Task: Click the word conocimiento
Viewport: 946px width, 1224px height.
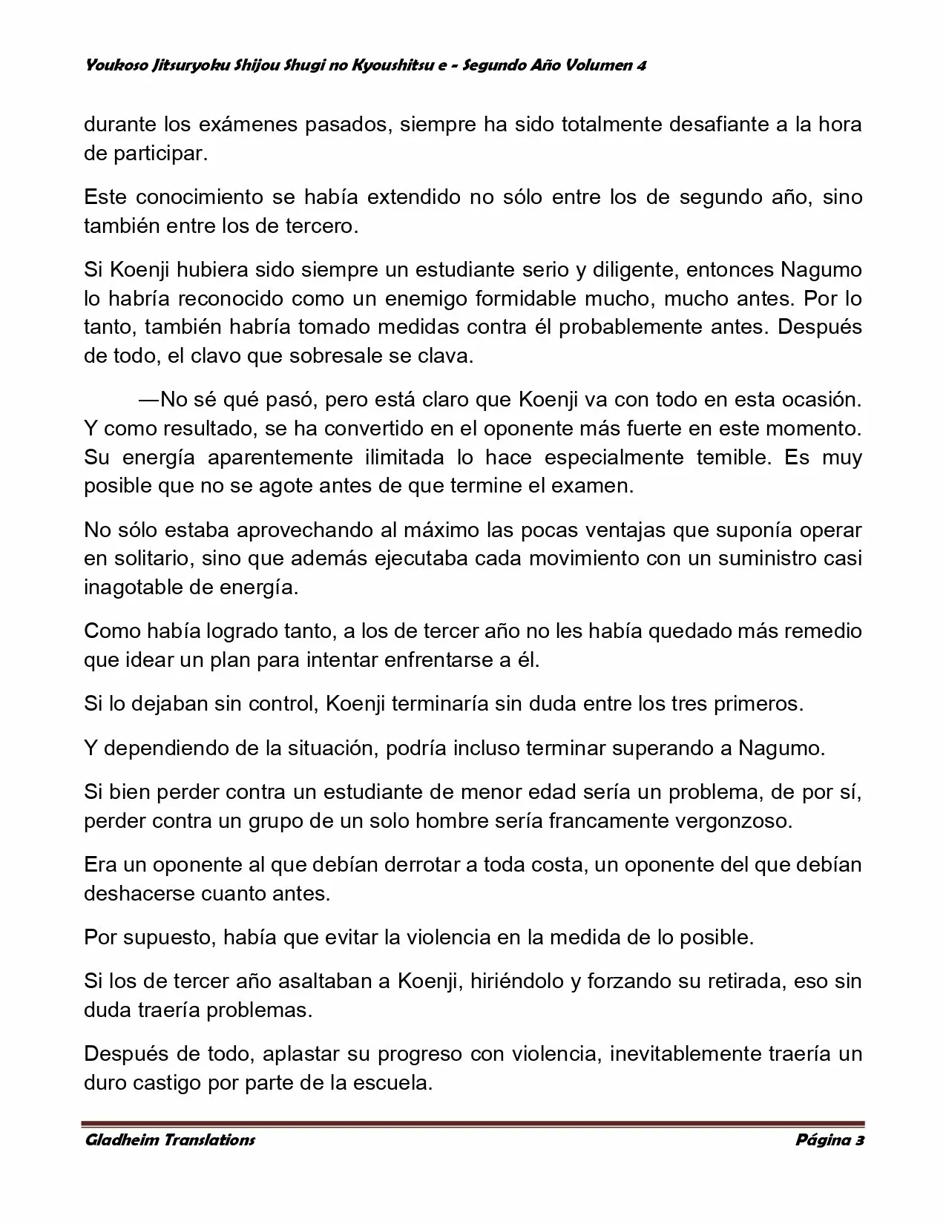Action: click(200, 197)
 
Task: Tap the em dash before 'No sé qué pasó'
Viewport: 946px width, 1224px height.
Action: click(148, 400)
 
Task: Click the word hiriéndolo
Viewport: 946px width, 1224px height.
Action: click(516, 981)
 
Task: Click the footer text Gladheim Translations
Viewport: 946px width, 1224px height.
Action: click(169, 1140)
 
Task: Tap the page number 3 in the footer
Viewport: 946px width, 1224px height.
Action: click(859, 1140)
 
